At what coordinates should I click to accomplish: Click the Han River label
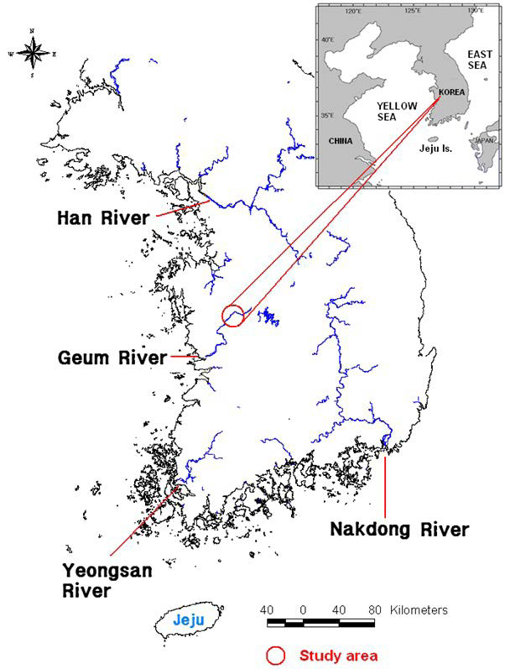102,217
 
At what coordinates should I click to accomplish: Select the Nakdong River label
398,530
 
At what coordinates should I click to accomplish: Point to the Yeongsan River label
98,580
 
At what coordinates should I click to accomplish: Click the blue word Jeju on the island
188,622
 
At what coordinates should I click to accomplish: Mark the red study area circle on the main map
233,316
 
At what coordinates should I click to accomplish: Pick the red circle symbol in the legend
273,655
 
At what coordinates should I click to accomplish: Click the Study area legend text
337,655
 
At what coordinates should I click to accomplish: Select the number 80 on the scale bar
375,609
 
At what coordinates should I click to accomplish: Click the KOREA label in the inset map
451,93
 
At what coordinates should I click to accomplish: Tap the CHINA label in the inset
341,140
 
